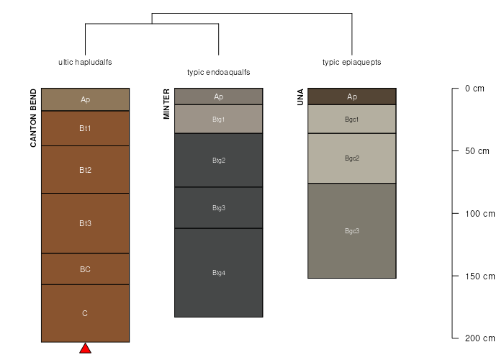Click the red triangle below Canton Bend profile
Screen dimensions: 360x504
click(x=85, y=348)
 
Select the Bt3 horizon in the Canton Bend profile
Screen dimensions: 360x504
click(x=85, y=223)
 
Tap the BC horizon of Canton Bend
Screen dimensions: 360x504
click(x=85, y=269)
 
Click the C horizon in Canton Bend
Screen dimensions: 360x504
click(x=85, y=313)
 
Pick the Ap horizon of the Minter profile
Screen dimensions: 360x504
click(x=218, y=96)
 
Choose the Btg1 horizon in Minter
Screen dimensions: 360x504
click(x=218, y=119)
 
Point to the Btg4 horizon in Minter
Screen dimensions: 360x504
click(x=218, y=273)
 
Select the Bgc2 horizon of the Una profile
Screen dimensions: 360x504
click(x=351, y=158)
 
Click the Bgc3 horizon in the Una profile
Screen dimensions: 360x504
click(x=351, y=230)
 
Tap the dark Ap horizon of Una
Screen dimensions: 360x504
click(x=351, y=96)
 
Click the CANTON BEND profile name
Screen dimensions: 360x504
click(x=33, y=118)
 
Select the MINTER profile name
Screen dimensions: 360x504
click(x=166, y=104)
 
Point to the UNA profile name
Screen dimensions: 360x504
click(x=300, y=97)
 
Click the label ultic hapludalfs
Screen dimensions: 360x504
click(x=85, y=62)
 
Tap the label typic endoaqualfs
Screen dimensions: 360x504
click(x=218, y=72)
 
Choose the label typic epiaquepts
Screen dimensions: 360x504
click(x=351, y=62)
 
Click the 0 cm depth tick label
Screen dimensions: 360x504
click(x=474, y=89)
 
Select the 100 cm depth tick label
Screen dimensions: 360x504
click(x=480, y=213)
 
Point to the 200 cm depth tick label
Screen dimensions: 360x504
click(x=480, y=338)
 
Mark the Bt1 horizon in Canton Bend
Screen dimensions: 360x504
click(x=85, y=128)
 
